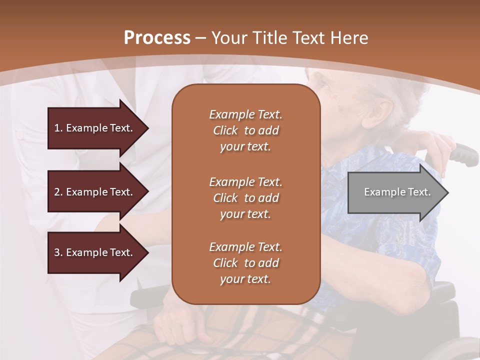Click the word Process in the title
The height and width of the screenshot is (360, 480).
pyautogui.click(x=157, y=37)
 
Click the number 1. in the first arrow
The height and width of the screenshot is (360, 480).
pyautogui.click(x=58, y=128)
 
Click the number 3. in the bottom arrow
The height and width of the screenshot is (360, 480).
pyautogui.click(x=58, y=252)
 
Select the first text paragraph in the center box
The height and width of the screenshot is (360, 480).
pyautogui.click(x=245, y=130)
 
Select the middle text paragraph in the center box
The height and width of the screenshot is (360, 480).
pyautogui.click(x=245, y=198)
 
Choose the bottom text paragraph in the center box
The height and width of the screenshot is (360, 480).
pyautogui.click(x=245, y=263)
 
